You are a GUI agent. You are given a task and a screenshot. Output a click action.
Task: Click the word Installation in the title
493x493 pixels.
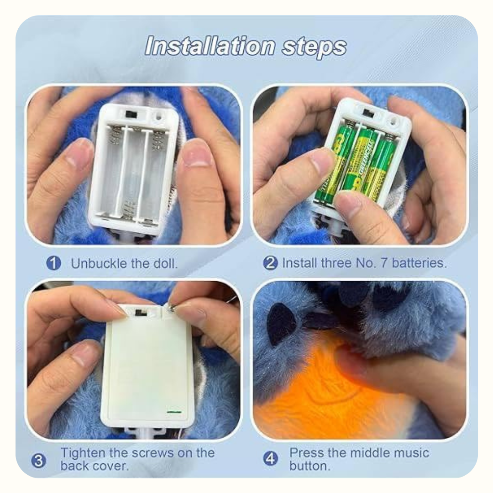(x=210, y=46)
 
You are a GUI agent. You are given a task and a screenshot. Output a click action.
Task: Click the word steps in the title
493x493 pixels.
(x=314, y=47)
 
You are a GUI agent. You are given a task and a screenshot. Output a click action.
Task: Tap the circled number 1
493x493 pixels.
(x=53, y=263)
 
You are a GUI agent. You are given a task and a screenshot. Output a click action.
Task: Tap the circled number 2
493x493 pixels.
(x=270, y=263)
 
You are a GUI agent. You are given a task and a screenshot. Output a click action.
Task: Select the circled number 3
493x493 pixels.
(x=39, y=461)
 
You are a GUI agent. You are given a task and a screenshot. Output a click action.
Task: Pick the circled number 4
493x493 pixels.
(x=270, y=459)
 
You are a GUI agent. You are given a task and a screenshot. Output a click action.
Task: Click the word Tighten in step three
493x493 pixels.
(x=83, y=453)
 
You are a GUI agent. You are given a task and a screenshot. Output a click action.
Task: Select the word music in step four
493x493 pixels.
(x=411, y=453)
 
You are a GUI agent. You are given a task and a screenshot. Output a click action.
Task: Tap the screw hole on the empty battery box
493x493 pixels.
(x=158, y=117)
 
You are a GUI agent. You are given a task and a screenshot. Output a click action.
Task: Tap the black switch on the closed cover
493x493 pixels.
(x=139, y=313)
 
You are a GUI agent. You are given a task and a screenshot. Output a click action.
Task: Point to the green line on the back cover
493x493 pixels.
(x=174, y=411)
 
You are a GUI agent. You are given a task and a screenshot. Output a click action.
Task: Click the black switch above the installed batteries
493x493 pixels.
(x=367, y=112)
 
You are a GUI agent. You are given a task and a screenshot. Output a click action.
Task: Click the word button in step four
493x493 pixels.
(x=310, y=466)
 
